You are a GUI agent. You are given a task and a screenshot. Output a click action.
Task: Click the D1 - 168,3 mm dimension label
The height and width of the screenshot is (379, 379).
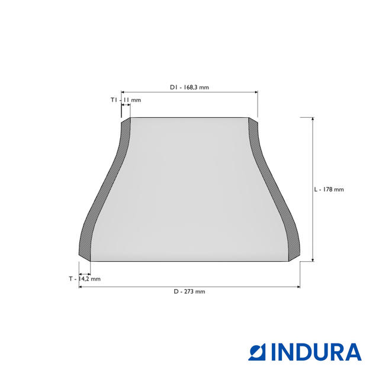point(189,87)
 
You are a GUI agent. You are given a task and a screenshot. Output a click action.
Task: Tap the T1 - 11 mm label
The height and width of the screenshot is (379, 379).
point(126,100)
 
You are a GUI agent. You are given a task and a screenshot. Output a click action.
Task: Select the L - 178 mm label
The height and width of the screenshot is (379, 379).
point(329,189)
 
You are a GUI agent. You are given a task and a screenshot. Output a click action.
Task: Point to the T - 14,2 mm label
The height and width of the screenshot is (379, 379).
point(85,279)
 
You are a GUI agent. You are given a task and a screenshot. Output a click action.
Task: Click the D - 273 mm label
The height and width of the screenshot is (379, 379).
point(189,291)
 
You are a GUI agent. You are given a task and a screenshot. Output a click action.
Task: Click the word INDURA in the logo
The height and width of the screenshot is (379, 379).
point(316,352)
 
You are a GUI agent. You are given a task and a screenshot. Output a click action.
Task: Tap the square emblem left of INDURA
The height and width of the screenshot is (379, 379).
point(256,352)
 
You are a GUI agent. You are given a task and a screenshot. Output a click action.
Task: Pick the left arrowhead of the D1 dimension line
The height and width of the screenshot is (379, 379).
point(123,92)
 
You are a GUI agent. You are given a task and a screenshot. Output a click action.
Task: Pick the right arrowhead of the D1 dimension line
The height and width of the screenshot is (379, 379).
point(256,92)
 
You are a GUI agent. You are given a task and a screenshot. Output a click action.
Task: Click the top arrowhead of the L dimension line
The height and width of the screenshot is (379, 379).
point(313,119)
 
